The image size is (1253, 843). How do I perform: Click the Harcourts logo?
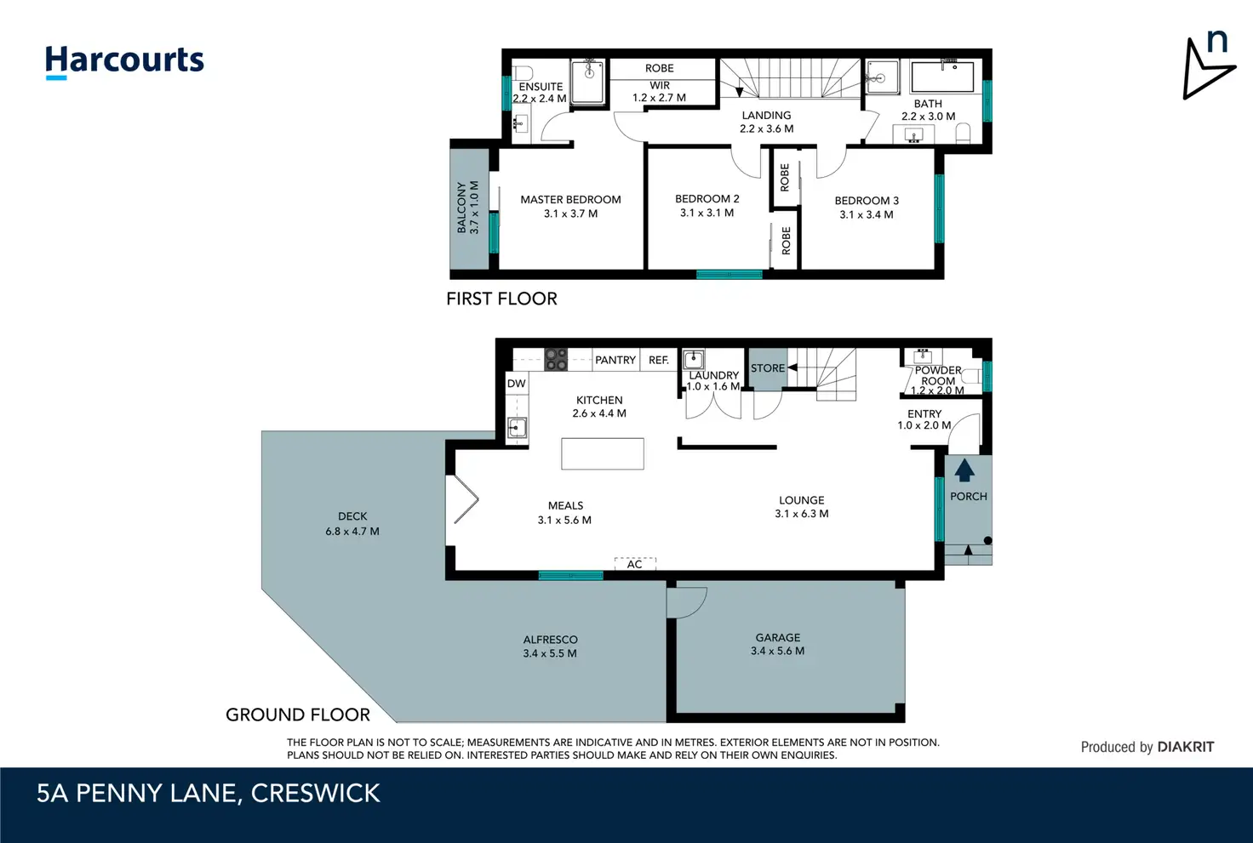[x=124, y=61]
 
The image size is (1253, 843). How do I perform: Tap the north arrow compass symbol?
[x=1207, y=66]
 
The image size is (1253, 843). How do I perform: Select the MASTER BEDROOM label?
[x=570, y=200]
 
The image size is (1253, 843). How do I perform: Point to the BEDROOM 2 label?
[x=707, y=198]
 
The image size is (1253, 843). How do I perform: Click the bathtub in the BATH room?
[x=942, y=77]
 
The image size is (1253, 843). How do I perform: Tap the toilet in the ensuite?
[x=523, y=72]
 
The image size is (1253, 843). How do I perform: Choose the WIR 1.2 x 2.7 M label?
[x=660, y=92]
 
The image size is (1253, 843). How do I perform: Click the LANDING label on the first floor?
[x=766, y=115]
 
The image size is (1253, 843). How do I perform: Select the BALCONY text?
[x=461, y=208]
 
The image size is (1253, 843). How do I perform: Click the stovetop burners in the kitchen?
[x=556, y=360]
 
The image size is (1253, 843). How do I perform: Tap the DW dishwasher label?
[x=517, y=384]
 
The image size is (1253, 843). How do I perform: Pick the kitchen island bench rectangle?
[x=603, y=454]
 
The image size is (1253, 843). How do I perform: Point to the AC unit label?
[x=634, y=565]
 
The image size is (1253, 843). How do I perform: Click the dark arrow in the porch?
[x=964, y=470]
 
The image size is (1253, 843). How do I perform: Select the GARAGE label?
[x=777, y=638]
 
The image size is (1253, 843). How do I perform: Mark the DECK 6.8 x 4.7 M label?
[x=352, y=524]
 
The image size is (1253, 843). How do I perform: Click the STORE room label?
[x=768, y=367]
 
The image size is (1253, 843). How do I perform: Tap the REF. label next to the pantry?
[x=658, y=360]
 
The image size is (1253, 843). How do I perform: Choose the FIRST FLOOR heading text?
[x=501, y=299]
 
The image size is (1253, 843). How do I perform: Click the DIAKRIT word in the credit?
[x=1186, y=748]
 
